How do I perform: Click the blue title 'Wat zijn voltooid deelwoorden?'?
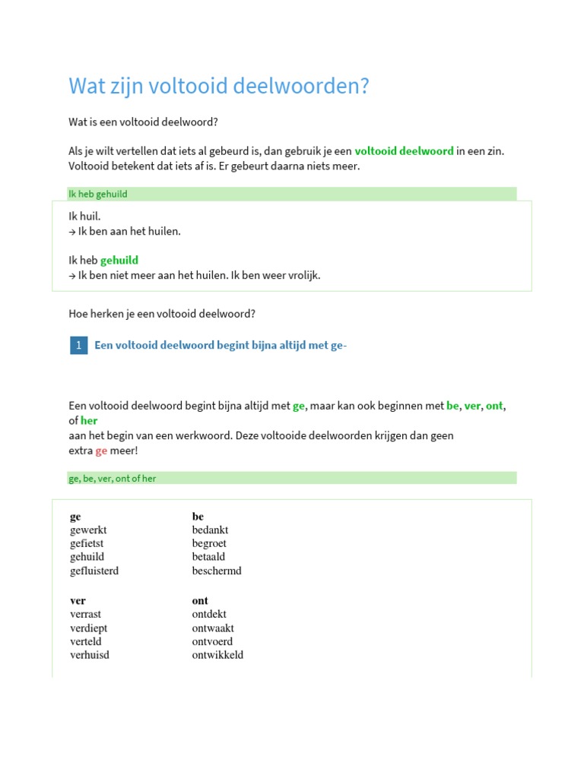(x=218, y=86)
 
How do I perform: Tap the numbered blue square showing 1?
(x=78, y=346)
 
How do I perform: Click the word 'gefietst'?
(x=87, y=543)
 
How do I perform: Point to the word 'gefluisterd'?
(x=94, y=571)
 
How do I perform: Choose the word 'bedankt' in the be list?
(x=210, y=530)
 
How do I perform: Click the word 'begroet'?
(x=209, y=543)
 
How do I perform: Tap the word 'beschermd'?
(x=217, y=571)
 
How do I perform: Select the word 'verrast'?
(x=85, y=614)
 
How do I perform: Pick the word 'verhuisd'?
(x=90, y=655)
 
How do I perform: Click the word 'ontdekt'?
(x=209, y=614)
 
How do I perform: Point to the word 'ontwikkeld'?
(x=217, y=655)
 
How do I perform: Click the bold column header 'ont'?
(x=200, y=600)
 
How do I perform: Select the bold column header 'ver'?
(x=78, y=600)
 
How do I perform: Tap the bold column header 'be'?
(x=198, y=517)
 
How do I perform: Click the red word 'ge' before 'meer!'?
(x=101, y=451)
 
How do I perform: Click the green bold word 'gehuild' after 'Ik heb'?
(x=119, y=261)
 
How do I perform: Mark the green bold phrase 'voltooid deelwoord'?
(x=404, y=151)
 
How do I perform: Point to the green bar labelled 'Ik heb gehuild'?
(x=292, y=194)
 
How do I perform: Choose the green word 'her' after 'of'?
(x=89, y=420)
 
